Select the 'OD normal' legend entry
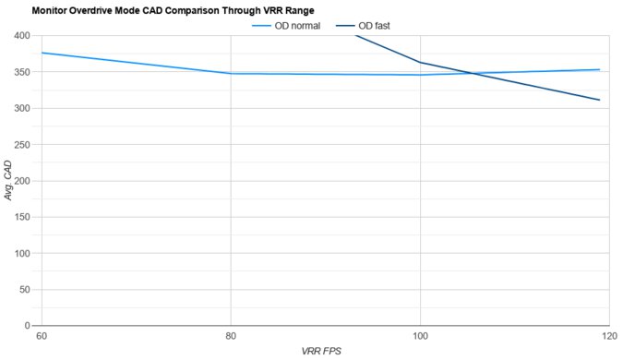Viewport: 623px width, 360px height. click(297, 26)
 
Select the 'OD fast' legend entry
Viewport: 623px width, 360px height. click(374, 26)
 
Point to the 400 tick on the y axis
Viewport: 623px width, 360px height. click(21, 36)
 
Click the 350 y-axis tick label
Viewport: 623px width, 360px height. click(21, 72)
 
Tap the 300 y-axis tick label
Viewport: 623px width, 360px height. click(21, 108)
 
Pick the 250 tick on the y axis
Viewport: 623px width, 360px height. click(21, 145)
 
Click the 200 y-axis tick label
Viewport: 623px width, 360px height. click(21, 181)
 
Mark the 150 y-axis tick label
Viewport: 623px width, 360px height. click(21, 217)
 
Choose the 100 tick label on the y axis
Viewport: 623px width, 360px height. click(21, 253)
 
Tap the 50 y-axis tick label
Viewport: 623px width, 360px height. click(24, 290)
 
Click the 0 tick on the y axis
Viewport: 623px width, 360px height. click(28, 326)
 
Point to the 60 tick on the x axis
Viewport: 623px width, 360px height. click(41, 336)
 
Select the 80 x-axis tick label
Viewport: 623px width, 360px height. click(230, 336)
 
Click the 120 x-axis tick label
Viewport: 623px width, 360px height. click(605, 336)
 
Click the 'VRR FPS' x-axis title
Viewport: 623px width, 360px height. click(323, 352)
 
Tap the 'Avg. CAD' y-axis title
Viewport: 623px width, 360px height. click(8, 180)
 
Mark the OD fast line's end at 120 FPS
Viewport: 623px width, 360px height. click(600, 100)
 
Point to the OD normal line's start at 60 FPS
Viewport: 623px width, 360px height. click(42, 53)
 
